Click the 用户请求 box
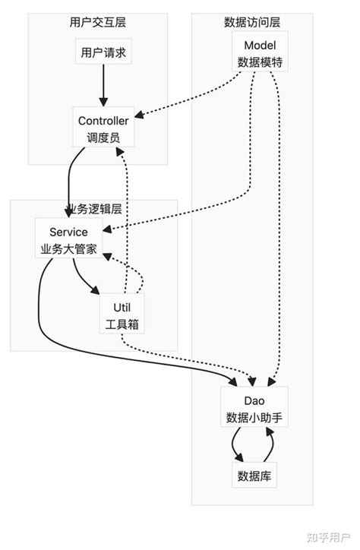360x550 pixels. pos(103,55)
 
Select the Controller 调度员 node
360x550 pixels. pos(103,129)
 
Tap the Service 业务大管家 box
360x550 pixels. pos(68,240)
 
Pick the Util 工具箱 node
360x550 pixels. pos(122,315)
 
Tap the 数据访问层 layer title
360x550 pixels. pos(252,21)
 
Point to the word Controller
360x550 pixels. pos(103,122)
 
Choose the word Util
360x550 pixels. pos(122,307)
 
